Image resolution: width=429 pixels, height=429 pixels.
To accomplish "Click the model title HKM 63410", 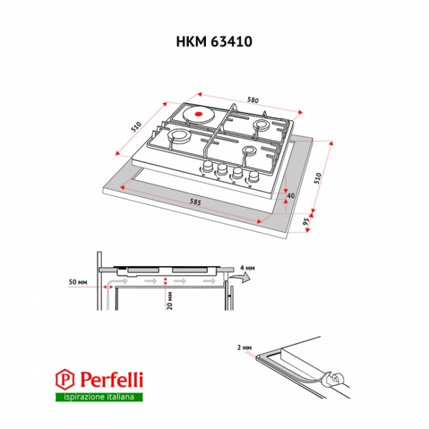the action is pyautogui.click(x=214, y=42).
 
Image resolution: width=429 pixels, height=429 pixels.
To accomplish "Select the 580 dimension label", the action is pyautogui.click(x=253, y=100).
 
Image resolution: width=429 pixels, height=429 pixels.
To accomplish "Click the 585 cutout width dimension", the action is pyautogui.click(x=195, y=202).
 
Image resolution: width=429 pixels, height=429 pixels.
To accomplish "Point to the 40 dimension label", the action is pyautogui.click(x=290, y=195).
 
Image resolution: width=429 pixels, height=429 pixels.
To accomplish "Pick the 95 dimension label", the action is pyautogui.click(x=306, y=221).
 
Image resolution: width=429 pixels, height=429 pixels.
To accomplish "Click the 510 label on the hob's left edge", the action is pyautogui.click(x=136, y=127).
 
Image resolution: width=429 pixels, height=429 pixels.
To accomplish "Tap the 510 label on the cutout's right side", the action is pyautogui.click(x=317, y=178).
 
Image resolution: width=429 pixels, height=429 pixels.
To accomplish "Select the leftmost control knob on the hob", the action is pyautogui.click(x=208, y=166).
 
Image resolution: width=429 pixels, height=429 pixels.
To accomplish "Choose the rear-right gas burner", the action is pyautogui.click(x=262, y=125).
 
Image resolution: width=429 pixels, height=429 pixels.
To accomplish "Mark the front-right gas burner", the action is pyautogui.click(x=250, y=150).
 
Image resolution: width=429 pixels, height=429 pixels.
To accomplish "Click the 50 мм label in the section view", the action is pyautogui.click(x=78, y=282).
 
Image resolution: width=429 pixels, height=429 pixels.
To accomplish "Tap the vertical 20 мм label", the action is pyautogui.click(x=170, y=301).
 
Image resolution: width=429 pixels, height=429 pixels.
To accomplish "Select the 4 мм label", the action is pyautogui.click(x=247, y=268).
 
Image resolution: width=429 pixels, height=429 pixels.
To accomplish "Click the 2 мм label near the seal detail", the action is pyautogui.click(x=244, y=348).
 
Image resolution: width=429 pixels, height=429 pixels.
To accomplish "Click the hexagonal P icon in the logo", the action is pyautogui.click(x=65, y=379).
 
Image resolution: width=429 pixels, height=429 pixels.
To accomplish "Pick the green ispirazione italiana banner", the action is pyautogui.click(x=99, y=397).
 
